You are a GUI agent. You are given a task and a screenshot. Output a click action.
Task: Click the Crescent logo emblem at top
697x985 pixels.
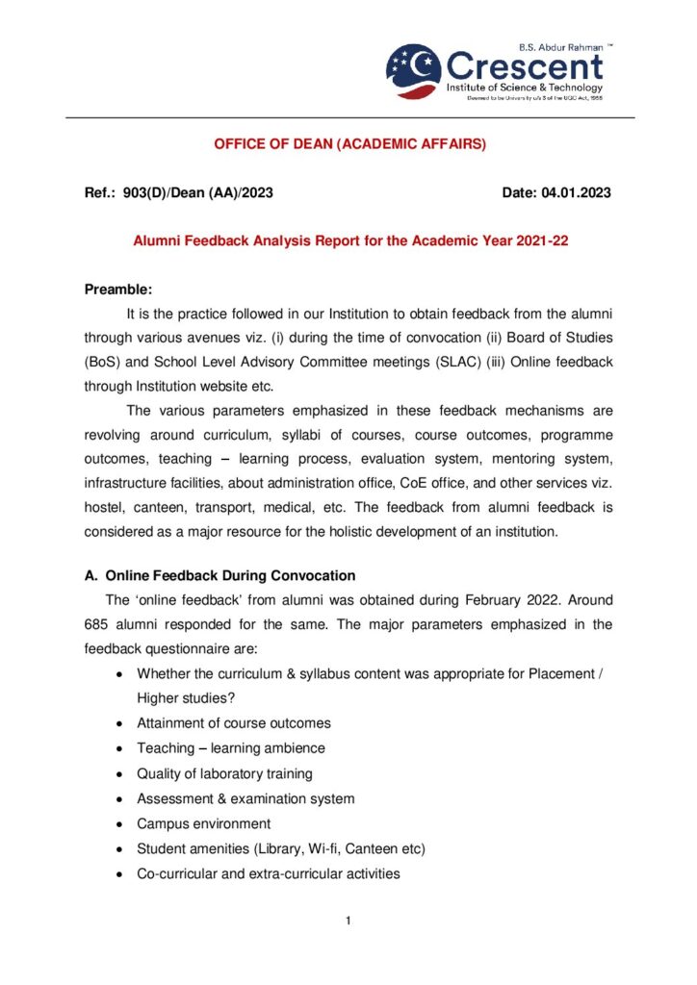415,70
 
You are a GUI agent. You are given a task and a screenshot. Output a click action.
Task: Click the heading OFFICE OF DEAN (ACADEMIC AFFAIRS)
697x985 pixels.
350,144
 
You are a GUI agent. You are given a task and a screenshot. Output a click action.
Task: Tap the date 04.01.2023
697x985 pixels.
576,193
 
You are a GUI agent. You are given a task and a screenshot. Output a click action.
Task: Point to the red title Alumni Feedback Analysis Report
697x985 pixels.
350,241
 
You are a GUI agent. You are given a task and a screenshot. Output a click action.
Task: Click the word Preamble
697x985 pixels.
117,290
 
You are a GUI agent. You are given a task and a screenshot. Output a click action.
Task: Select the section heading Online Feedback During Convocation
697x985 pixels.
230,575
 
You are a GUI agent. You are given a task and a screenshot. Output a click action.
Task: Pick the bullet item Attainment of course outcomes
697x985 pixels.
234,722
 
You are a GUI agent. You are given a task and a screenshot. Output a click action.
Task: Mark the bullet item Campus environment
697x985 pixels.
204,823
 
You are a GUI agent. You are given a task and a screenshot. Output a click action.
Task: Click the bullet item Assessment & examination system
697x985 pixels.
245,798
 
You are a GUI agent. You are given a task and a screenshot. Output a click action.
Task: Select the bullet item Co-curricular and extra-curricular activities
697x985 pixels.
269,873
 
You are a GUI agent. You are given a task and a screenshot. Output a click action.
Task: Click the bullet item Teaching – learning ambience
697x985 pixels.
231,747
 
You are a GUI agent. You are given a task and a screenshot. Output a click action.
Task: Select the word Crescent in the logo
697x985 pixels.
525,66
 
